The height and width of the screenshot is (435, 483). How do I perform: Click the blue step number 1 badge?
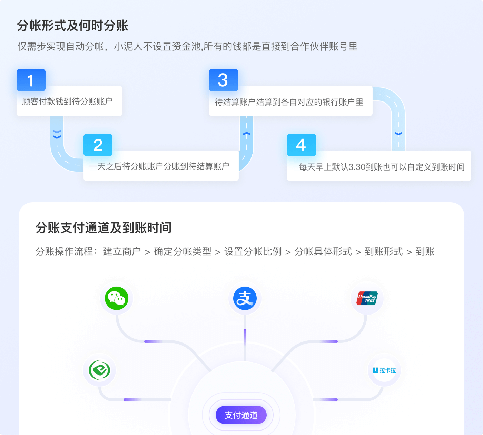[31, 80]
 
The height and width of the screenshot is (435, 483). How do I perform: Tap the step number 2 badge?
[98, 145]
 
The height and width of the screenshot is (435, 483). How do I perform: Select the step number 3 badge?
[224, 80]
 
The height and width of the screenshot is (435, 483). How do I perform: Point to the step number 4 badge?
[302, 145]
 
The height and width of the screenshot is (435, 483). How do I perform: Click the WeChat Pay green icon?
[117, 298]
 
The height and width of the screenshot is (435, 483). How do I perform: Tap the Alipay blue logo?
[245, 298]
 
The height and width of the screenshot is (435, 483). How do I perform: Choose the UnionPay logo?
[367, 298]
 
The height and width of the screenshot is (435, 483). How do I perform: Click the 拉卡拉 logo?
[384, 370]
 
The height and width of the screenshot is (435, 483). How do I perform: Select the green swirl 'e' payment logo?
[99, 370]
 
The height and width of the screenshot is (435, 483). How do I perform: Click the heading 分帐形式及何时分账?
[72, 26]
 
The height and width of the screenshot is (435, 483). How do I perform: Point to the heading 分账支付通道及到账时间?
[103, 228]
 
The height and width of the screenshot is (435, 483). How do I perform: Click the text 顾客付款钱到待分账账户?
[67, 101]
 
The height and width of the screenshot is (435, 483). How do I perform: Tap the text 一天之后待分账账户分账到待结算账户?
[159, 166]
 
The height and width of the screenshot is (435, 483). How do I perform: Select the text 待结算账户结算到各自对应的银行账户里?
[289, 102]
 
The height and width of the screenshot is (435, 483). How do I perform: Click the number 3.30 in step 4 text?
[357, 167]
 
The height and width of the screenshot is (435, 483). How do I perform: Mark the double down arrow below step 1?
[57, 135]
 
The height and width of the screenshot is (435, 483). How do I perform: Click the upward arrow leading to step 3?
[247, 134]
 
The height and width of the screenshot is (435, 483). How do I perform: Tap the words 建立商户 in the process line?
[122, 252]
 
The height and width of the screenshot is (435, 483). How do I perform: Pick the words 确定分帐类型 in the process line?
[183, 252]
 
